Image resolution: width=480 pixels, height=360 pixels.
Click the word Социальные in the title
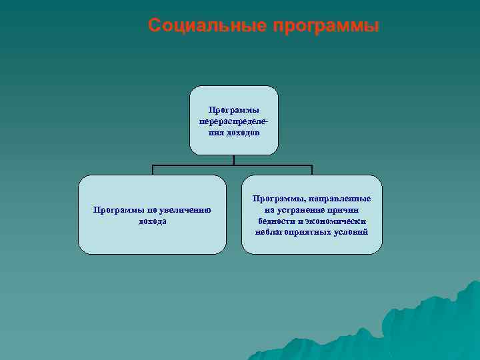[207, 26]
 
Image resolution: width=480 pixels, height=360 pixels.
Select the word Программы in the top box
[234, 110]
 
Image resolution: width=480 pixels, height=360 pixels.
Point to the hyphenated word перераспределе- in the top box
[234, 121]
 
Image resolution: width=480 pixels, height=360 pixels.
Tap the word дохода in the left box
[153, 221]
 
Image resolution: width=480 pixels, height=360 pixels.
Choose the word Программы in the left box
[116, 210]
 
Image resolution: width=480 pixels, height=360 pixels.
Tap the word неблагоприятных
[291, 232]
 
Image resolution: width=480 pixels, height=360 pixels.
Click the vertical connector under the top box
[234, 160]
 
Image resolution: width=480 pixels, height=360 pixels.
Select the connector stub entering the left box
[153, 170]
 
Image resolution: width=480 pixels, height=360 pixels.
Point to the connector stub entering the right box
[311, 170]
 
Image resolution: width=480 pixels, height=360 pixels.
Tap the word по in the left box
[147, 210]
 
